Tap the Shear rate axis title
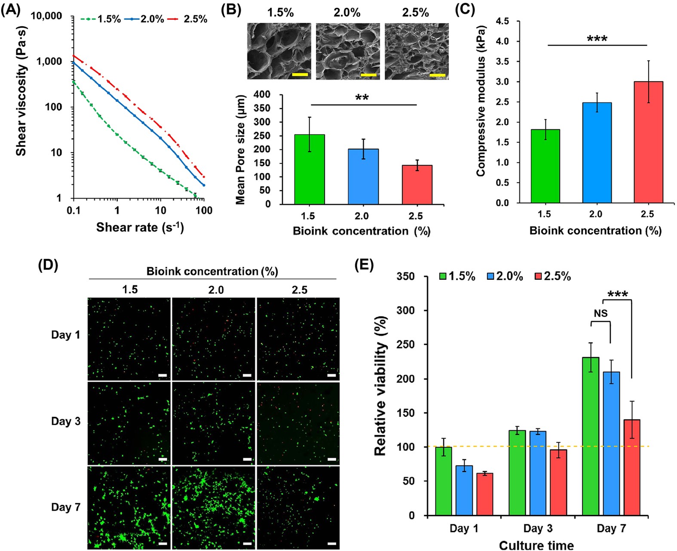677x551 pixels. click(x=140, y=227)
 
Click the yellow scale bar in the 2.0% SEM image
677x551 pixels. click(x=368, y=75)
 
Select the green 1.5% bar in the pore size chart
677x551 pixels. click(x=309, y=169)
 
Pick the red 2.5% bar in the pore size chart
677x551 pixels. click(x=417, y=184)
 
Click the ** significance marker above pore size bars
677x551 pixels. click(x=362, y=98)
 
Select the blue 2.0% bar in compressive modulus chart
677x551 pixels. click(x=597, y=153)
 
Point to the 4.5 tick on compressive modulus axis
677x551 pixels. click(x=502, y=21)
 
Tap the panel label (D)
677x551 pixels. click(x=48, y=265)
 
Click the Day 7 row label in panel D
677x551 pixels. click(x=66, y=507)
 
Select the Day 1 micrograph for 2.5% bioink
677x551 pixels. click(x=298, y=339)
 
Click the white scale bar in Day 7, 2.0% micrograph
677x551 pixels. click(x=247, y=544)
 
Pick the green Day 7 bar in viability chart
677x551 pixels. click(x=591, y=436)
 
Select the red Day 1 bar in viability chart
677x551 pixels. click(x=484, y=494)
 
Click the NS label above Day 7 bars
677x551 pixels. click(x=600, y=314)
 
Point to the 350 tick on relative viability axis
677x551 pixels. click(x=406, y=276)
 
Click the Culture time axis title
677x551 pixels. click(x=536, y=545)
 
